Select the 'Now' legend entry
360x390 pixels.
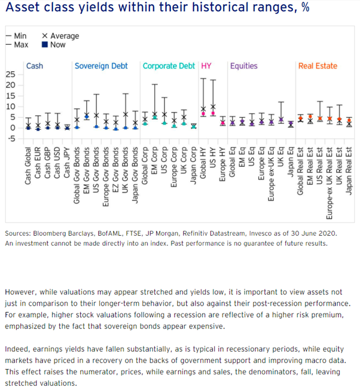coord(57,44)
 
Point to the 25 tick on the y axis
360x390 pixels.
coord(10,74)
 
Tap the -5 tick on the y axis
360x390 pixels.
coord(10,139)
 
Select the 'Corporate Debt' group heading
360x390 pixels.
coord(169,66)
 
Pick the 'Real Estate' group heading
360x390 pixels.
coord(318,66)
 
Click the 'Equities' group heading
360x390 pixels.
coord(244,66)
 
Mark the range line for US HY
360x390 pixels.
coord(212,102)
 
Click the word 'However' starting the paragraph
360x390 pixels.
coord(21,292)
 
